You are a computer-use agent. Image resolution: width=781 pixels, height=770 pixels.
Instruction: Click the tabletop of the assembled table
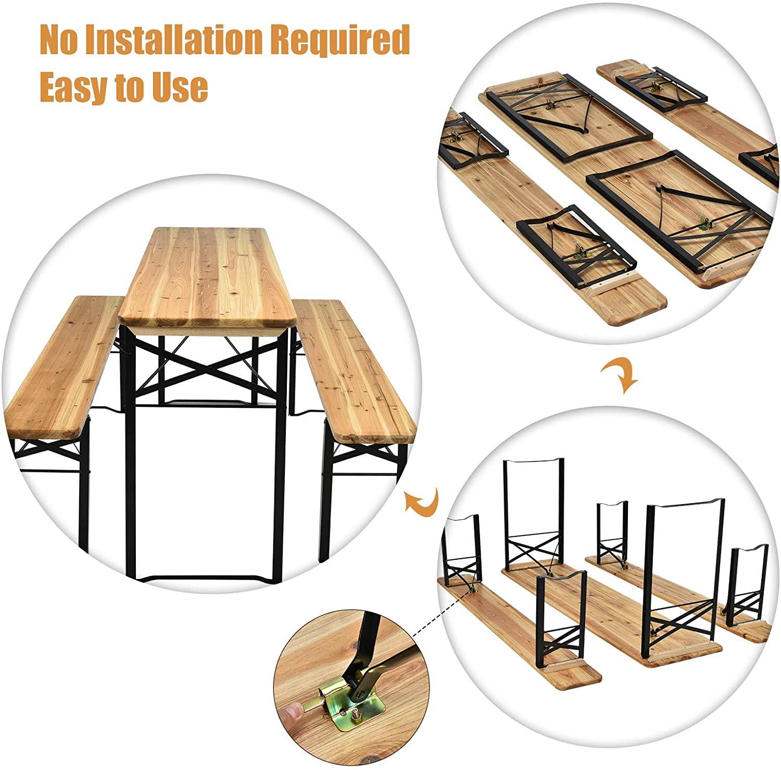tap(207, 279)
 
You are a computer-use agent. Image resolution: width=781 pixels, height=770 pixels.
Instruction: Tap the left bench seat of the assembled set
tap(66, 368)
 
